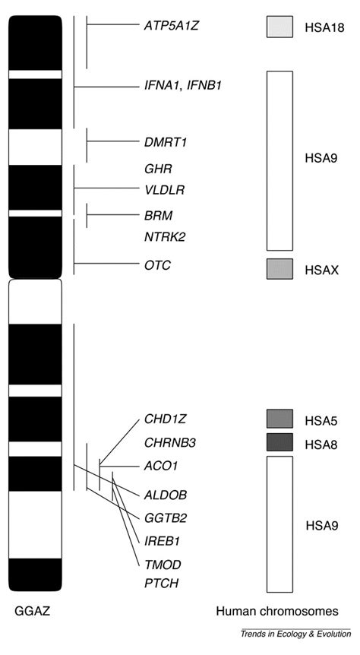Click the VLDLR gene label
pos(164,189)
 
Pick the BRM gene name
pos(158,215)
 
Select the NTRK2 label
pos(165,237)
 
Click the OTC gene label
pos(157,265)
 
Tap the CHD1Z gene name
pos(164,418)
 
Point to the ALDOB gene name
pos(165,495)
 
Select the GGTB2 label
pos(166,518)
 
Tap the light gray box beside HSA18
pos(279,27)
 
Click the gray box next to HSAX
pos(279,269)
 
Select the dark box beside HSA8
pos(279,442)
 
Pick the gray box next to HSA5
pos(279,419)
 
